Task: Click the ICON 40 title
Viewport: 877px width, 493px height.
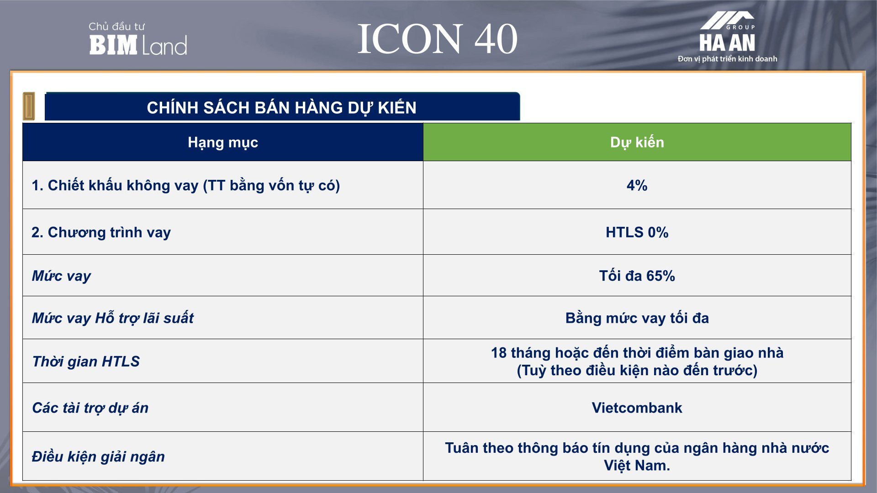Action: [437, 39]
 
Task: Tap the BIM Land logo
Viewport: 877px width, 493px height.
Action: [138, 45]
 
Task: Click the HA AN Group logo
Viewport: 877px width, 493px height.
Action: [727, 32]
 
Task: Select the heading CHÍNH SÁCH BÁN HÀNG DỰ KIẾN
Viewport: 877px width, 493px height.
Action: [282, 108]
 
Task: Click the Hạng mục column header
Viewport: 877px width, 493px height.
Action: [223, 142]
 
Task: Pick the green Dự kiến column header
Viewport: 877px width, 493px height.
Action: [637, 142]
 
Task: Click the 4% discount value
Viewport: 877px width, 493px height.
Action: [637, 185]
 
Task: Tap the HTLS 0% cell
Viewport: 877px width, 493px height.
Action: [637, 232]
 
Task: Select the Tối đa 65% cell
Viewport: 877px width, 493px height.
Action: [637, 276]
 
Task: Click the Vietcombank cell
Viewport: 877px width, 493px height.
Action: [637, 408]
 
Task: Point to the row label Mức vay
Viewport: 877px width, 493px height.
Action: [61, 276]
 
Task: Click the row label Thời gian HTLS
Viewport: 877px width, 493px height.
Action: [86, 361]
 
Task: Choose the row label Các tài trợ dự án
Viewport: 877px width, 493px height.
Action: [90, 408]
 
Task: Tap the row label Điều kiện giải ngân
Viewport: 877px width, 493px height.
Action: [98, 456]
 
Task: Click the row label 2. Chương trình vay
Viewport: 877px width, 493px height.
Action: [101, 232]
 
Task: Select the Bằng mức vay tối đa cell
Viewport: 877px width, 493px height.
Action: [637, 318]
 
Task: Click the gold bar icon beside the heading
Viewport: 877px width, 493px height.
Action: [29, 106]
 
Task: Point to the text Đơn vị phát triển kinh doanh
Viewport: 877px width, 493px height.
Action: [727, 59]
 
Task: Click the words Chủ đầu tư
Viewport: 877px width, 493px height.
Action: [116, 26]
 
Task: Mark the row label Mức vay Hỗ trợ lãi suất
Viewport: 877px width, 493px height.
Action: [112, 318]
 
